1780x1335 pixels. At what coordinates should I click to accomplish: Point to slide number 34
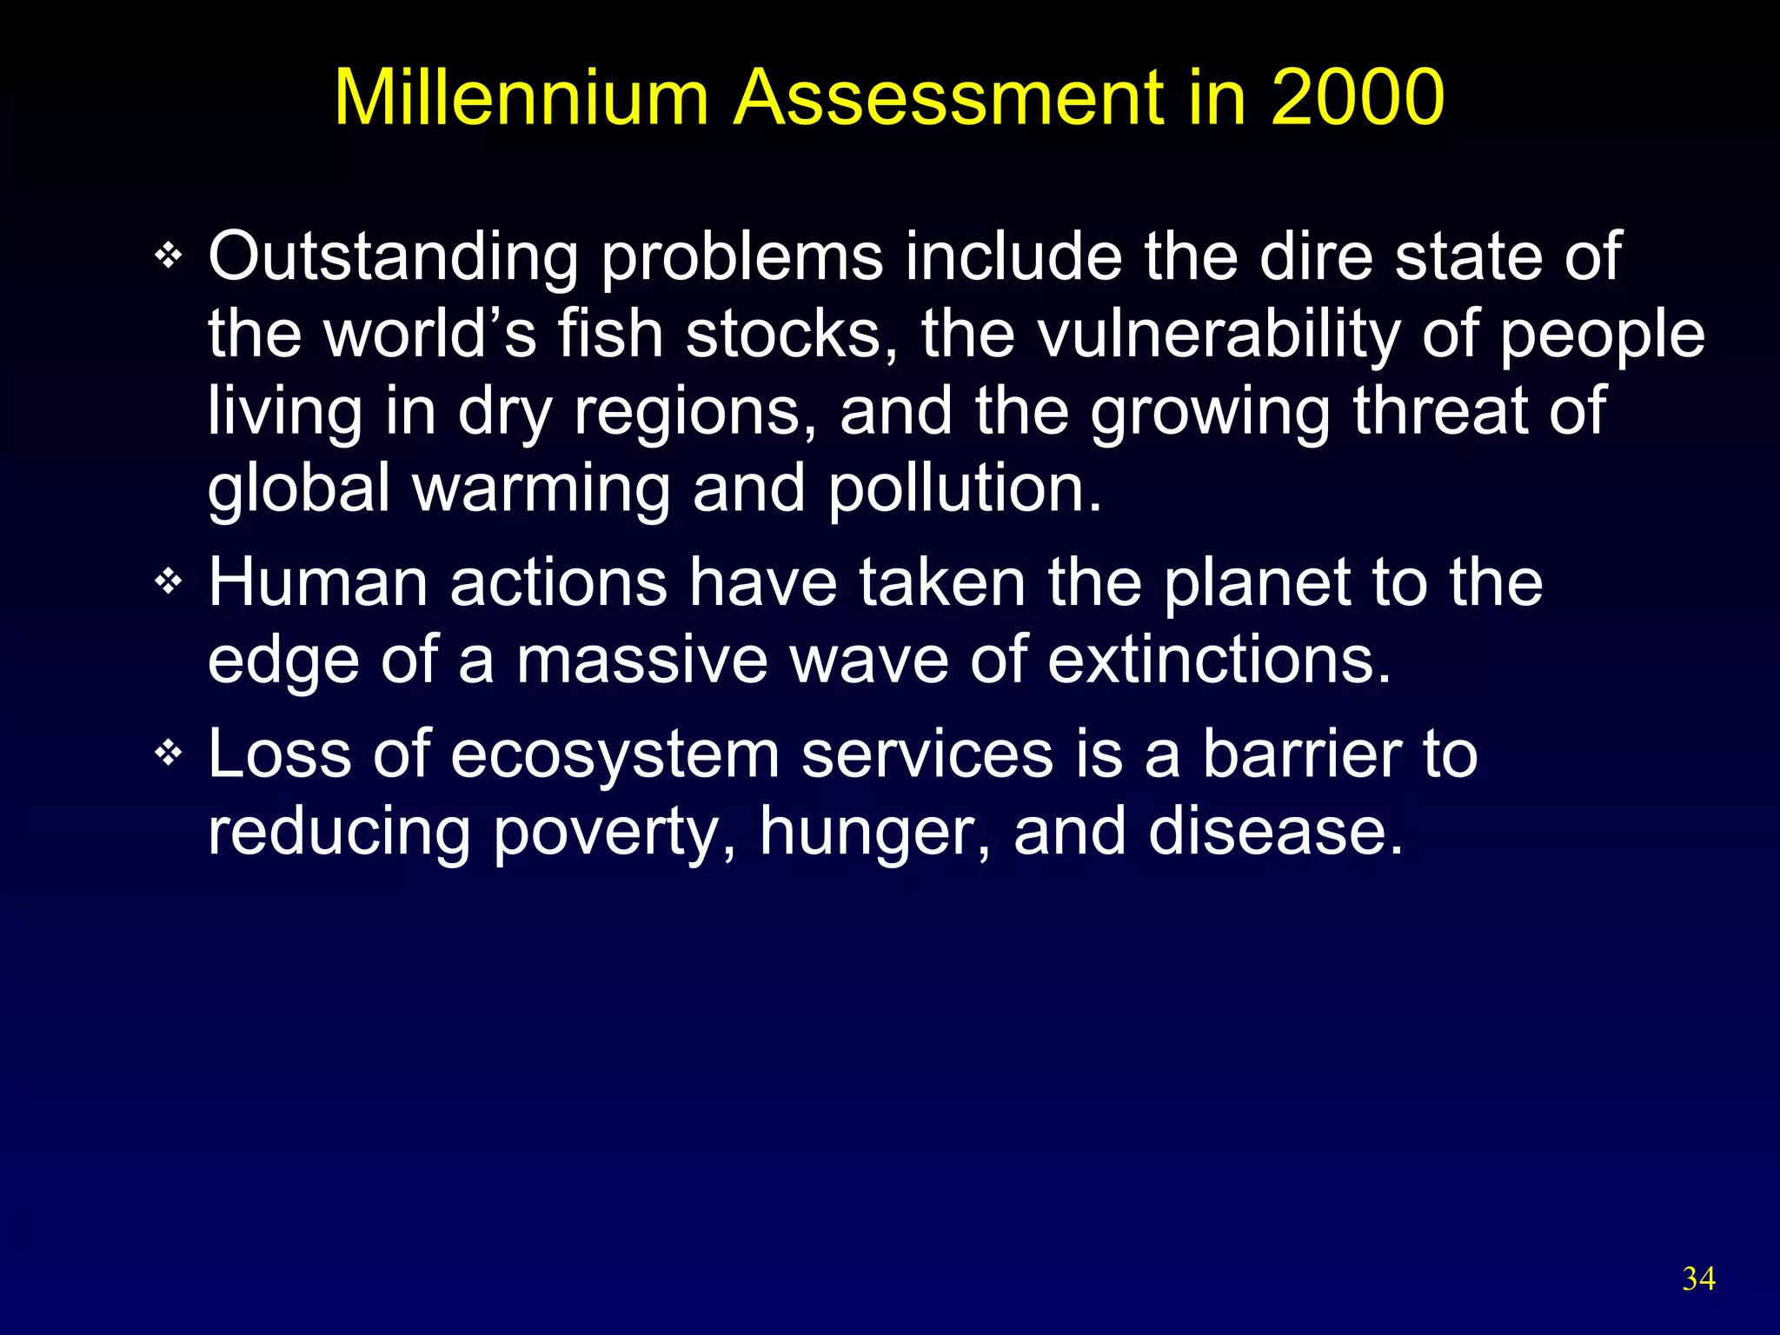tap(1698, 1279)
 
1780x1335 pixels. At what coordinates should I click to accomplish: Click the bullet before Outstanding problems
tap(168, 256)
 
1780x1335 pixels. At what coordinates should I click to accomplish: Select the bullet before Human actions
tap(168, 581)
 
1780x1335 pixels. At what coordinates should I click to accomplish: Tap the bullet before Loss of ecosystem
tap(168, 753)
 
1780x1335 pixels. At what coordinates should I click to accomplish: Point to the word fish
tap(610, 335)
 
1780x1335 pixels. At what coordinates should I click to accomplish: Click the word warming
tap(541, 489)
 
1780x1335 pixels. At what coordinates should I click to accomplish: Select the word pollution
tap(964, 489)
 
